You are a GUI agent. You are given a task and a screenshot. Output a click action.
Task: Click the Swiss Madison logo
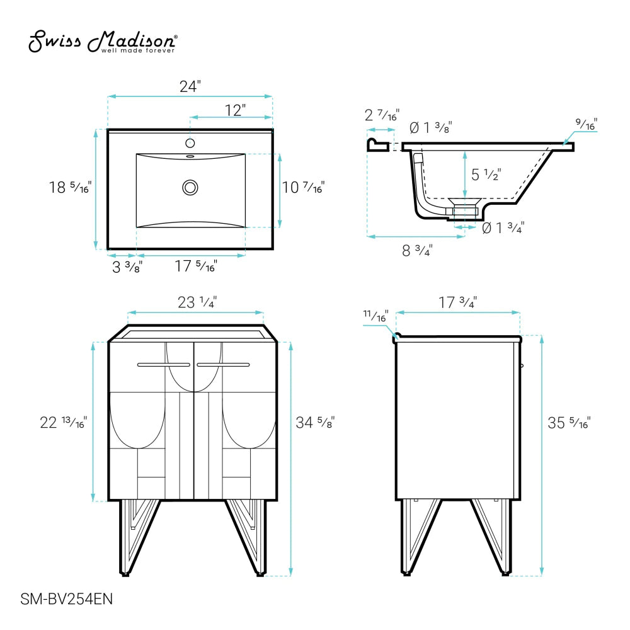[x=103, y=42]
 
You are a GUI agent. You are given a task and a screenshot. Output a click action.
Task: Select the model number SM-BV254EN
[x=66, y=599]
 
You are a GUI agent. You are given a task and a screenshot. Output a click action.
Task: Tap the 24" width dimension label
[x=190, y=86]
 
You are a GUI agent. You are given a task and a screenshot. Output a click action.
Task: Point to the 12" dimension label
[x=235, y=110]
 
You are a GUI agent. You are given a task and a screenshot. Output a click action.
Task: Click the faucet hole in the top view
[x=190, y=142]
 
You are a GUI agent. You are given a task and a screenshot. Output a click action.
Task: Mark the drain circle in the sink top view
[x=190, y=188]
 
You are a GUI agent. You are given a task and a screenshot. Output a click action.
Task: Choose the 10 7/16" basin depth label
[x=303, y=187]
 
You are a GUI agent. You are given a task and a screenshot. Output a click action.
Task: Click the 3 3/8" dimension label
[x=127, y=266]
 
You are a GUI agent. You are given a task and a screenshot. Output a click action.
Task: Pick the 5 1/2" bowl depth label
[x=486, y=175]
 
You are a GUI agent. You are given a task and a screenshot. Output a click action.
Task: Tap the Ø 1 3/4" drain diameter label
[x=503, y=228]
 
